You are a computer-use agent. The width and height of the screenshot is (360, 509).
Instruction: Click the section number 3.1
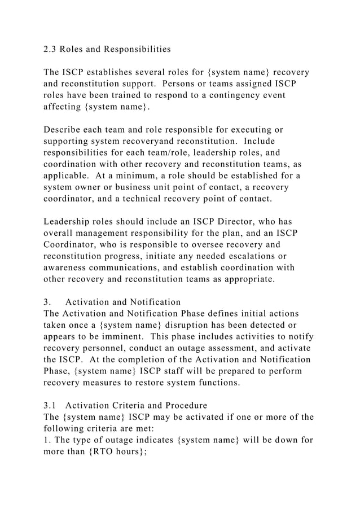pos(50,405)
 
